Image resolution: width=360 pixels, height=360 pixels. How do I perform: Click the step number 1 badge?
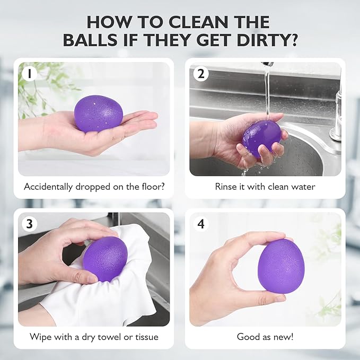click(29, 74)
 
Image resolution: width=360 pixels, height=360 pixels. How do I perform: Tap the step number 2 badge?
click(200, 74)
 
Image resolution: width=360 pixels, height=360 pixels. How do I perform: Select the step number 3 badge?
click(29, 224)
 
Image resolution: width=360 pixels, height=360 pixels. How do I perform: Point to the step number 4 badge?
click(200, 224)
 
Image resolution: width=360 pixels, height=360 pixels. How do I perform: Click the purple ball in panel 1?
click(98, 113)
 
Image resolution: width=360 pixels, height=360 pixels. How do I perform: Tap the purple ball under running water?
click(262, 137)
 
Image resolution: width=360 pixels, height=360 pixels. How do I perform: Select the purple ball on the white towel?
click(106, 258)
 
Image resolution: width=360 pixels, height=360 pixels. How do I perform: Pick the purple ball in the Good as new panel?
click(280, 265)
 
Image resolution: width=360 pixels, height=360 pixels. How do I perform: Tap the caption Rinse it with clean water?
click(265, 187)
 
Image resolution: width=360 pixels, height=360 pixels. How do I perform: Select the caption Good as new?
click(265, 337)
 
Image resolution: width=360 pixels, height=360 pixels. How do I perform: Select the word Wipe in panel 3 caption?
click(40, 337)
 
